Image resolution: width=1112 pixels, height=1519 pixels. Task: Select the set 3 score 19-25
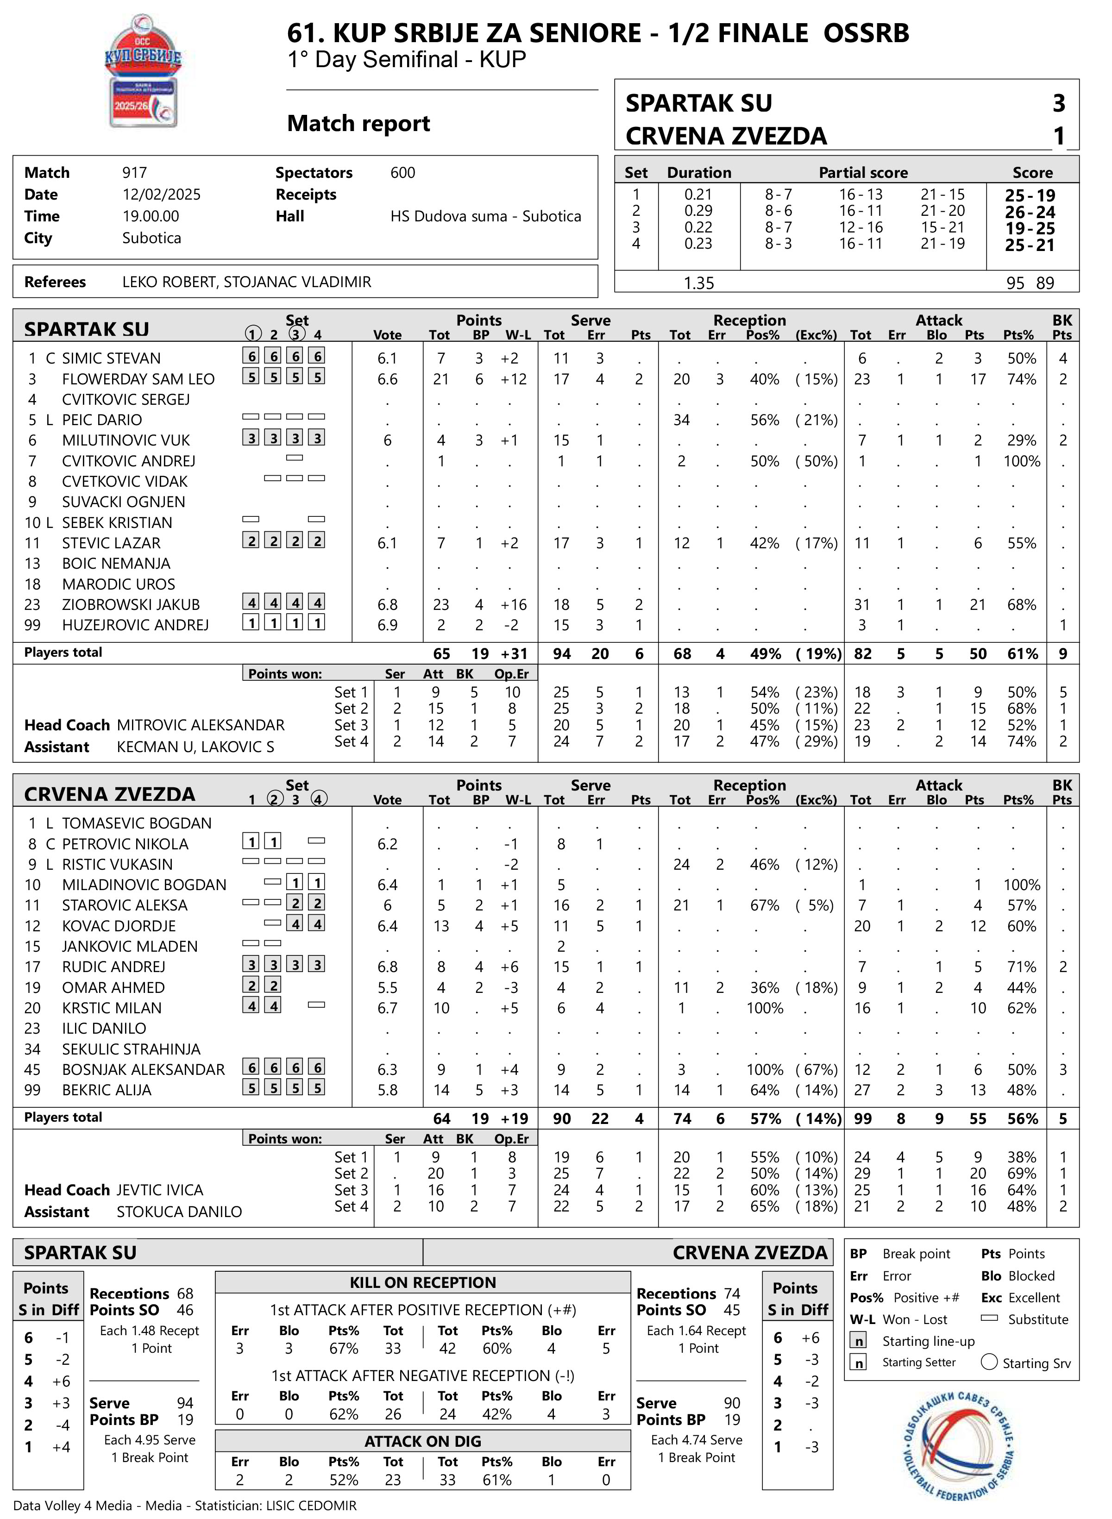point(1030,228)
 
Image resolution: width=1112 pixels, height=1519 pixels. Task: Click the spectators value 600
point(402,173)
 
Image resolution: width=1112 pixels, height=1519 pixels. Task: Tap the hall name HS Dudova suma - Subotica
point(485,217)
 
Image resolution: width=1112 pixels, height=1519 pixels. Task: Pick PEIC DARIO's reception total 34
point(681,421)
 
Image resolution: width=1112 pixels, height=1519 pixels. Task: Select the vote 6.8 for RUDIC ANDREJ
point(387,967)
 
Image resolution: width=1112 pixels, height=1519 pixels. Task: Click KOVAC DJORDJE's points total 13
point(441,927)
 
